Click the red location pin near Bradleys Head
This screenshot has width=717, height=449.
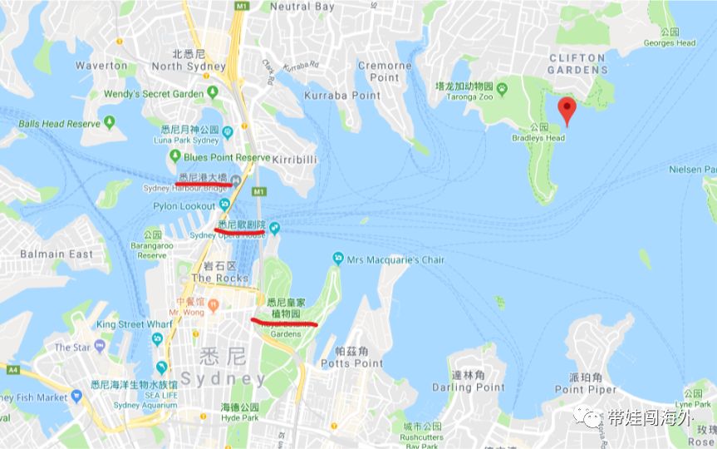(567, 108)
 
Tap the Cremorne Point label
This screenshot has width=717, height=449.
(385, 72)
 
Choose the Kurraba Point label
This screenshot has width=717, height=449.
(342, 96)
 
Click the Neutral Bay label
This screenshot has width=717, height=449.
(302, 7)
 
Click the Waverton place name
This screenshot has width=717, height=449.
(101, 65)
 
